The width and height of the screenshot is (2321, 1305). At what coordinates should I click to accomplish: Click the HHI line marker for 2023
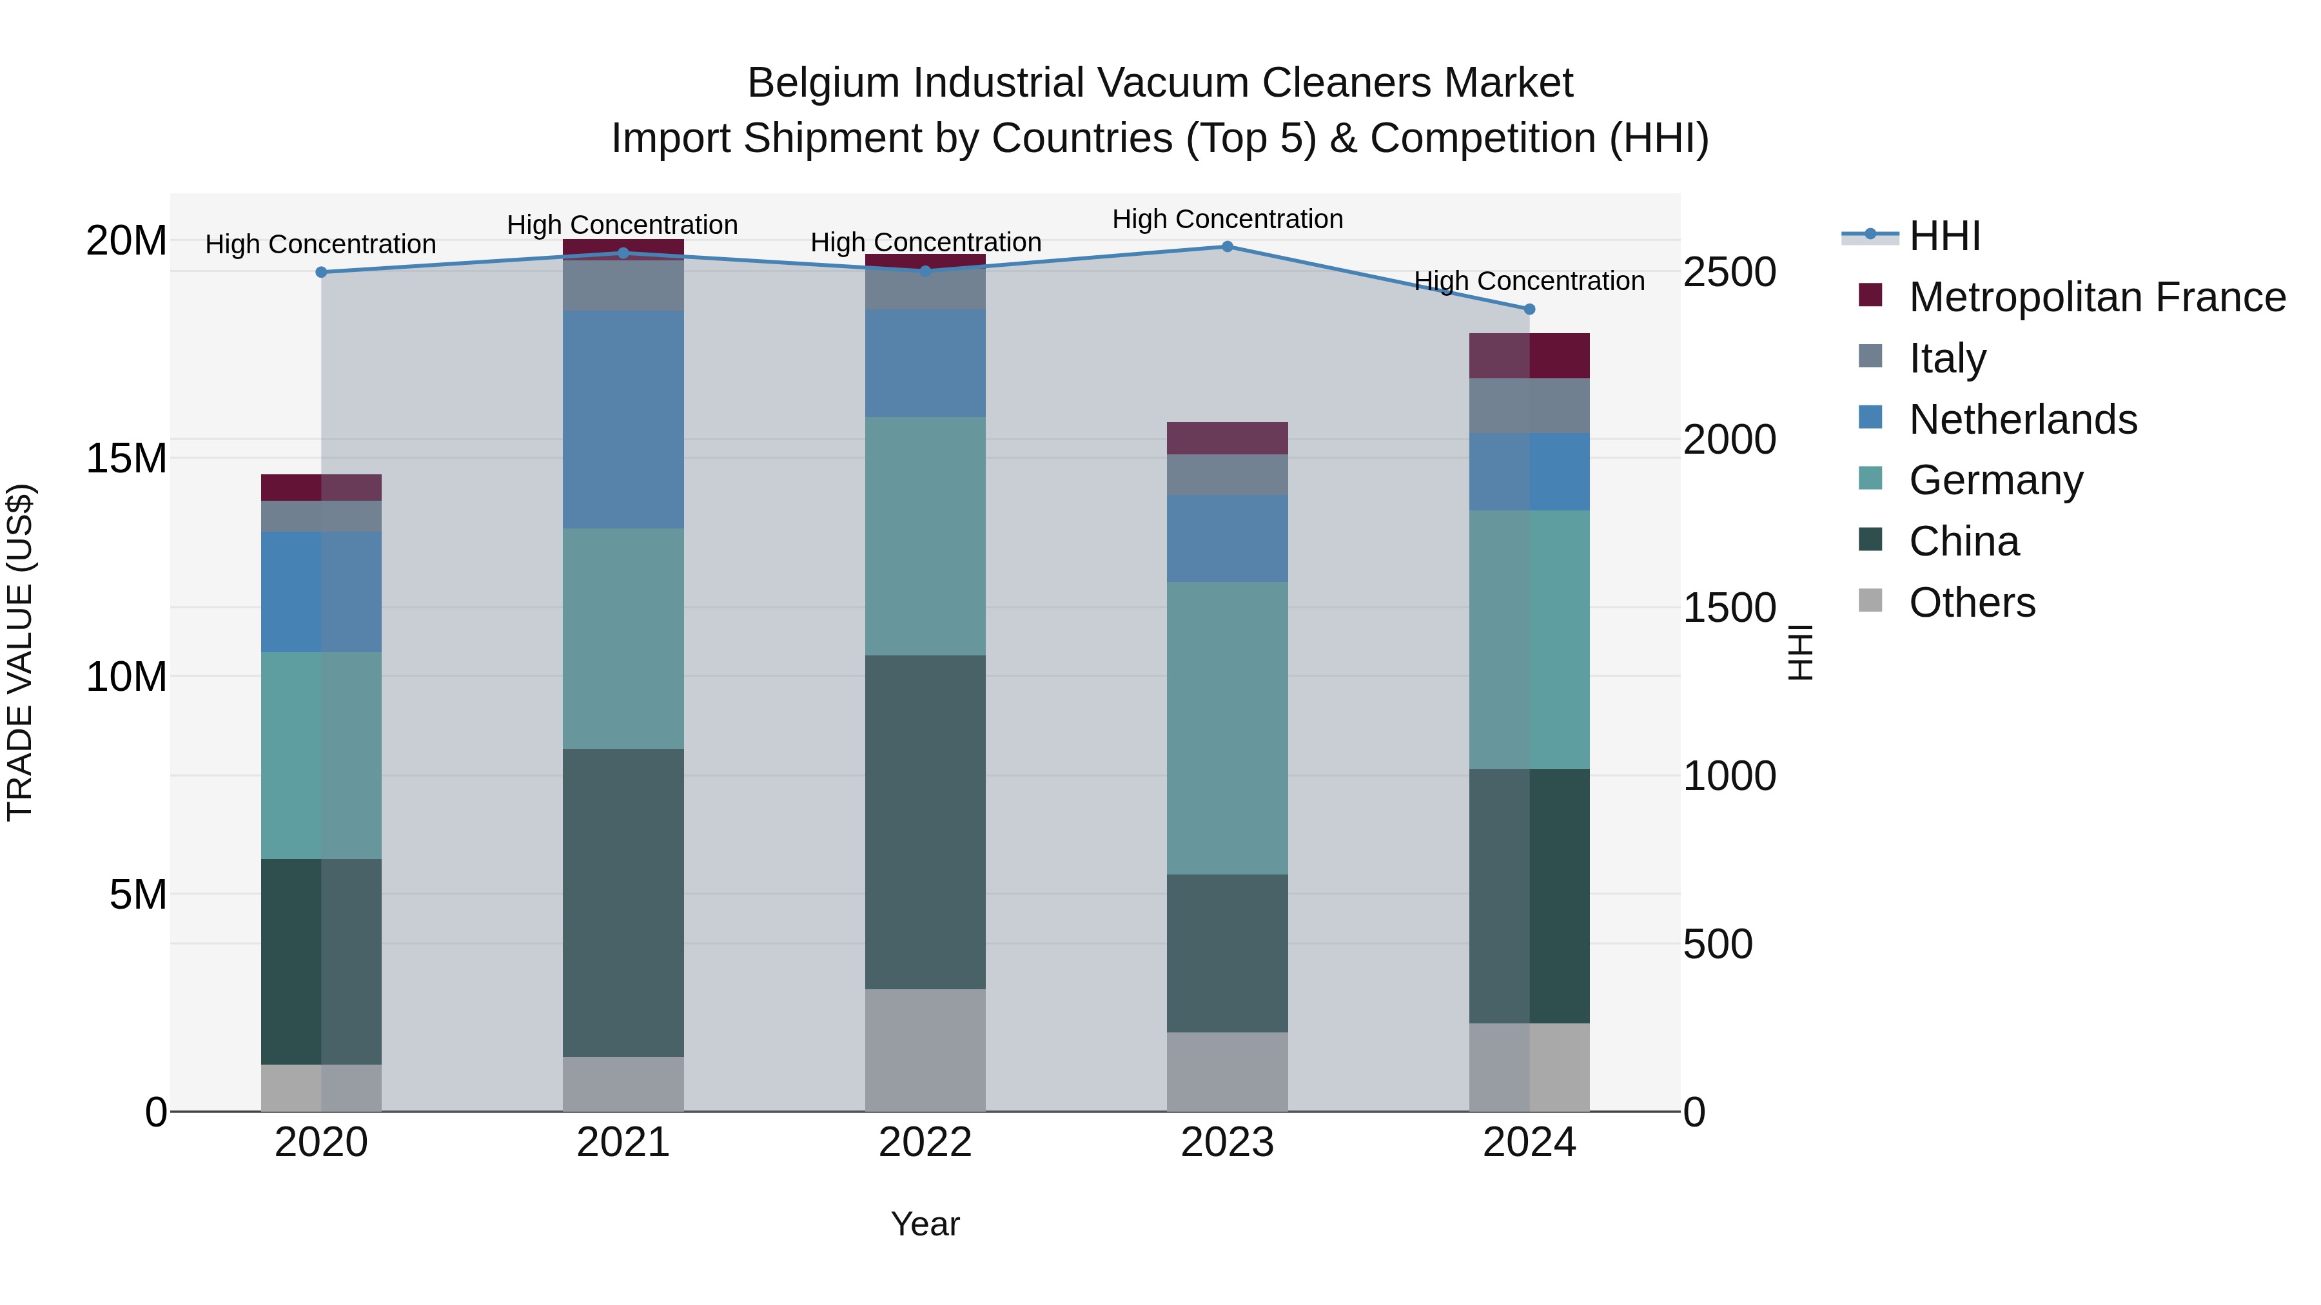[1227, 247]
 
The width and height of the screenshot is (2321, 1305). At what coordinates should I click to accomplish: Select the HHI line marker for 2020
[322, 272]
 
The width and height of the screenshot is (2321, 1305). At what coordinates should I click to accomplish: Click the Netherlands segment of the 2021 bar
[623, 420]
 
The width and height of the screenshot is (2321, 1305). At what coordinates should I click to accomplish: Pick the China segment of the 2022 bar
[925, 822]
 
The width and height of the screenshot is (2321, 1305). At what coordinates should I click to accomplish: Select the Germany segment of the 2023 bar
[1227, 728]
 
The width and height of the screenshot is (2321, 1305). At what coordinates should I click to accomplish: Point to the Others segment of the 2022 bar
[925, 1050]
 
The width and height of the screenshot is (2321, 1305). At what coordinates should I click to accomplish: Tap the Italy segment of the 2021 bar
[623, 285]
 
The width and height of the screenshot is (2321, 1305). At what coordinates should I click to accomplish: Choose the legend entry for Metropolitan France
[2097, 297]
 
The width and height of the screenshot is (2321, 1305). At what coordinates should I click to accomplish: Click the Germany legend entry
[1995, 480]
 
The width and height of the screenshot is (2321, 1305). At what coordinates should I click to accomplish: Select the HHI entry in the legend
[1944, 236]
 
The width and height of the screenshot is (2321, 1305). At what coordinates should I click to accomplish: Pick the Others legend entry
[1972, 603]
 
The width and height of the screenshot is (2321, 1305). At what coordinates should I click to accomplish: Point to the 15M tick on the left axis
[126, 458]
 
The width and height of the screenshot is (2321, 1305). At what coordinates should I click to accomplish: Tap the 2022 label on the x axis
[925, 1143]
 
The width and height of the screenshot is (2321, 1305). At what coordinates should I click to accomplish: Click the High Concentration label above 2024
[1529, 281]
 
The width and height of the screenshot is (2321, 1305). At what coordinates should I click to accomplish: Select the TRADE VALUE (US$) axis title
[20, 652]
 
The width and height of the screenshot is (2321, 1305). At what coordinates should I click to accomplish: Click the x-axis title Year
[925, 1224]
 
